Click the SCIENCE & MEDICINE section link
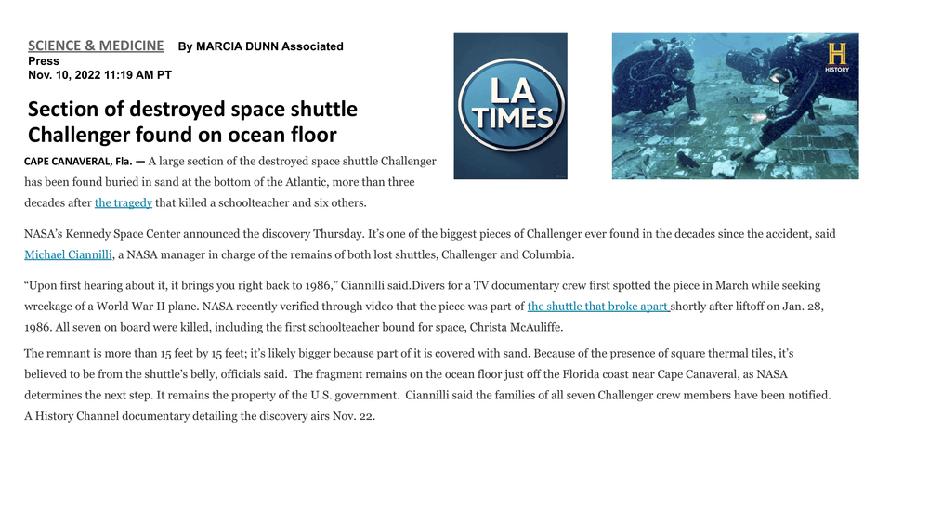click(x=96, y=46)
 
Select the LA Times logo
click(x=510, y=106)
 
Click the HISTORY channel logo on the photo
click(x=836, y=57)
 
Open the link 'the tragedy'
click(x=124, y=203)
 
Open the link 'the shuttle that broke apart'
click(x=598, y=307)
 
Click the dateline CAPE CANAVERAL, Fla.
click(x=78, y=162)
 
